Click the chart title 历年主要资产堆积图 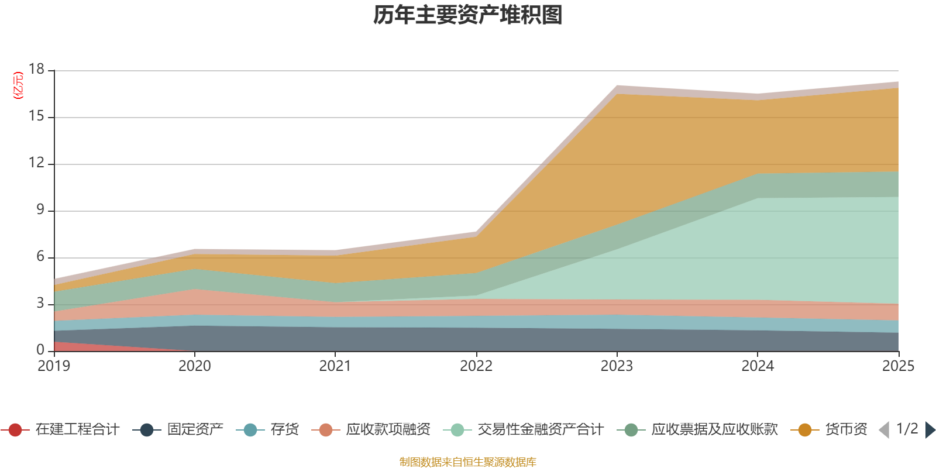(x=467, y=15)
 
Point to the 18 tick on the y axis (x=36, y=69)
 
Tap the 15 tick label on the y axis (x=36, y=116)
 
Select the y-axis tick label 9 (x=40, y=209)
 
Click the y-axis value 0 (x=40, y=350)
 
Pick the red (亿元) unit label (x=18, y=85)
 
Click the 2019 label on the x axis (x=54, y=366)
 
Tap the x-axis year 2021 (x=335, y=366)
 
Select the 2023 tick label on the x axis (x=617, y=366)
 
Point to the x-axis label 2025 (x=899, y=366)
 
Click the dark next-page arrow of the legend (x=930, y=429)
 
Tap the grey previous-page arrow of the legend (x=884, y=429)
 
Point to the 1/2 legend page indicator (x=907, y=429)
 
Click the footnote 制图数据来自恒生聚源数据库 (x=467, y=462)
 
